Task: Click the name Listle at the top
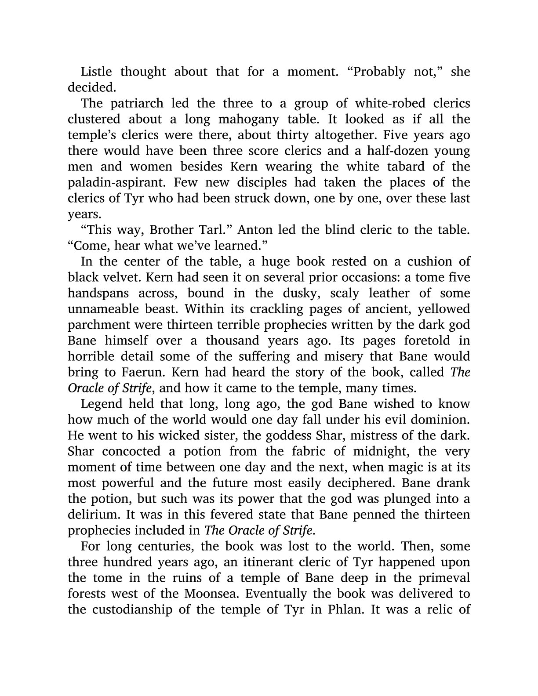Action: (96, 72)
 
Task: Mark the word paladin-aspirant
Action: (111, 182)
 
